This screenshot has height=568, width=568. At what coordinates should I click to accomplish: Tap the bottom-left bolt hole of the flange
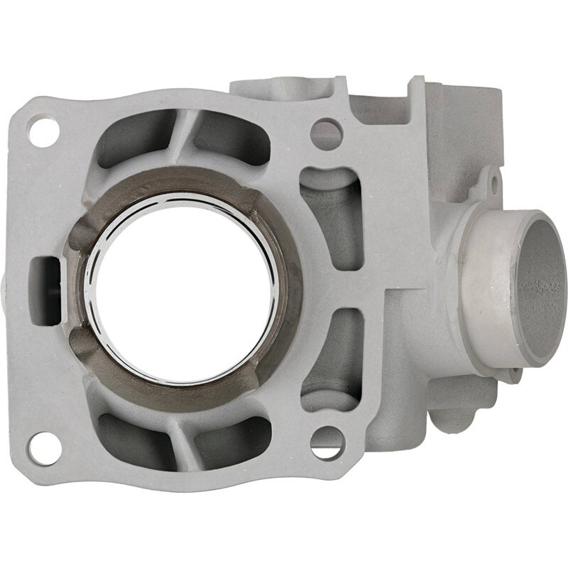44,447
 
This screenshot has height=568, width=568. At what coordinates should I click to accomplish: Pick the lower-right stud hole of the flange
327,442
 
